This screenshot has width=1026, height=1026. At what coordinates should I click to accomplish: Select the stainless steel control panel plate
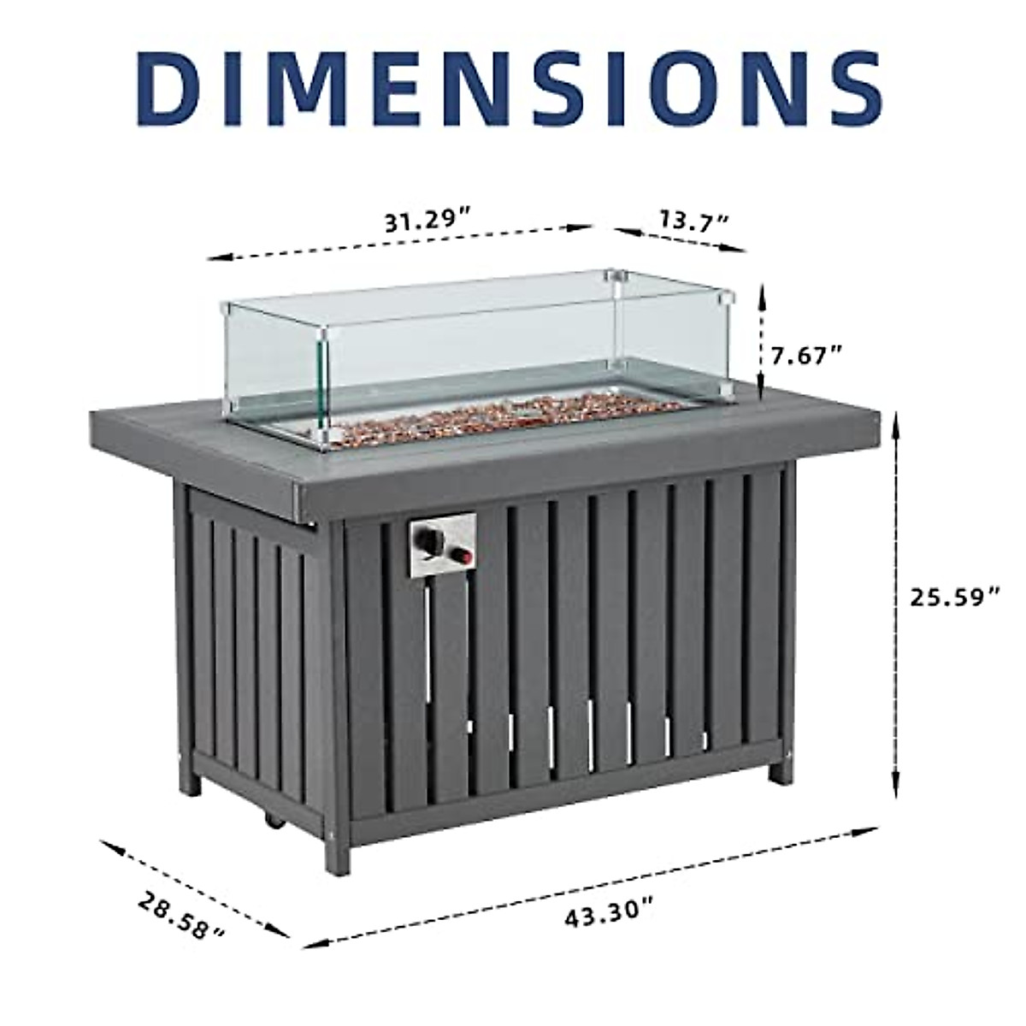tap(441, 545)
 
